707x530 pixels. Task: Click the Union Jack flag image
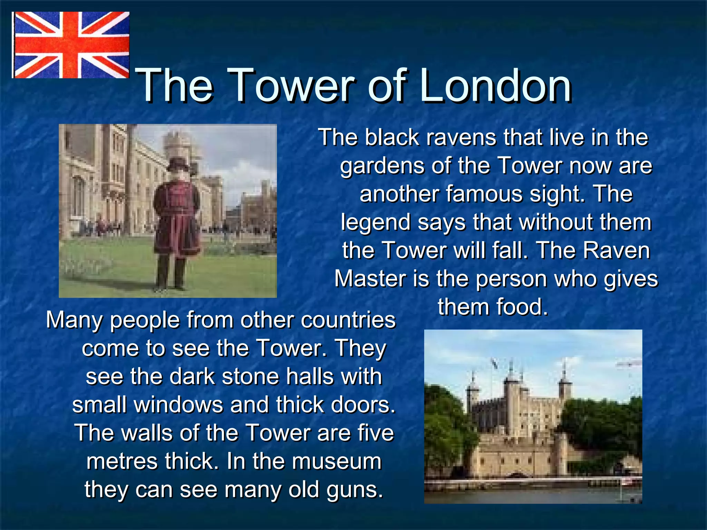pos(71,45)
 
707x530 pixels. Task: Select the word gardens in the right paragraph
pos(383,166)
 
